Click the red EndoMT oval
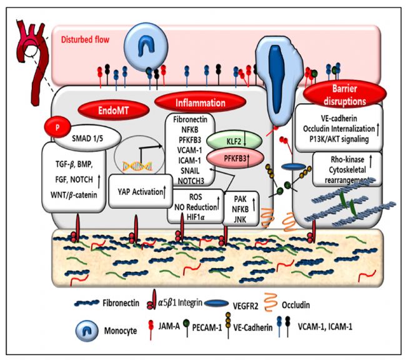pyautogui.click(x=114, y=111)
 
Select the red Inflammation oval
pyautogui.click(x=200, y=102)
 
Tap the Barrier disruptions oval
pyautogui.click(x=345, y=95)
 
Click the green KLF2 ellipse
pyautogui.click(x=234, y=141)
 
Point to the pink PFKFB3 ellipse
pyautogui.click(x=235, y=158)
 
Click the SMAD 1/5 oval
pyautogui.click(x=87, y=138)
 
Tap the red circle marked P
pyautogui.click(x=57, y=127)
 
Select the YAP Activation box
pyautogui.click(x=141, y=191)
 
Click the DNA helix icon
pyautogui.click(x=137, y=166)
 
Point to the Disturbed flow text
pyautogui.click(x=85, y=39)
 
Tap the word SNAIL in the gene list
pyautogui.click(x=191, y=171)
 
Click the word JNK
pyautogui.click(x=240, y=219)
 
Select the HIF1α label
pyautogui.click(x=196, y=216)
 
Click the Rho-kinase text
pyautogui.click(x=347, y=159)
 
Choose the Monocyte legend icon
pyautogui.click(x=87, y=331)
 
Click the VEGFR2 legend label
pyautogui.click(x=245, y=306)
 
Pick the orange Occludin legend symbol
pyautogui.click(x=270, y=301)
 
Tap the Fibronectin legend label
pyautogui.click(x=121, y=302)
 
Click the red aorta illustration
pyautogui.click(x=33, y=62)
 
